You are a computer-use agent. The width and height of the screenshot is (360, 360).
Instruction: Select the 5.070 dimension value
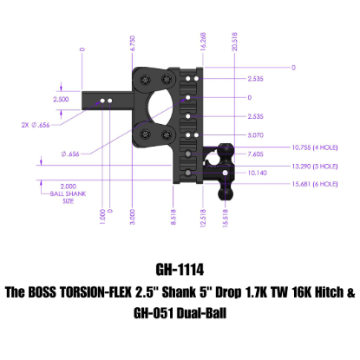(x=231, y=135)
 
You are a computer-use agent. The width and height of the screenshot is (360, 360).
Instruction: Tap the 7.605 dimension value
(x=231, y=152)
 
